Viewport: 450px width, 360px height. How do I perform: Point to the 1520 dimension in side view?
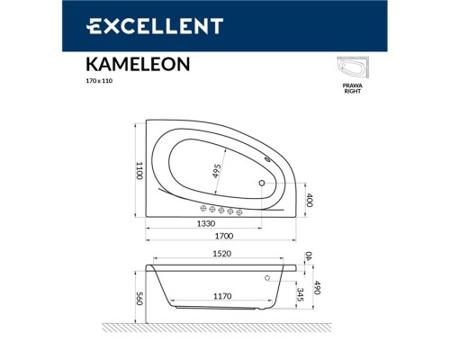pos(221,255)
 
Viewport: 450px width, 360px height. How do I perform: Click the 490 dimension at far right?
pos(316,287)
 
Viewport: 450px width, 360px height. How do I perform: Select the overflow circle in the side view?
pos(268,278)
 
